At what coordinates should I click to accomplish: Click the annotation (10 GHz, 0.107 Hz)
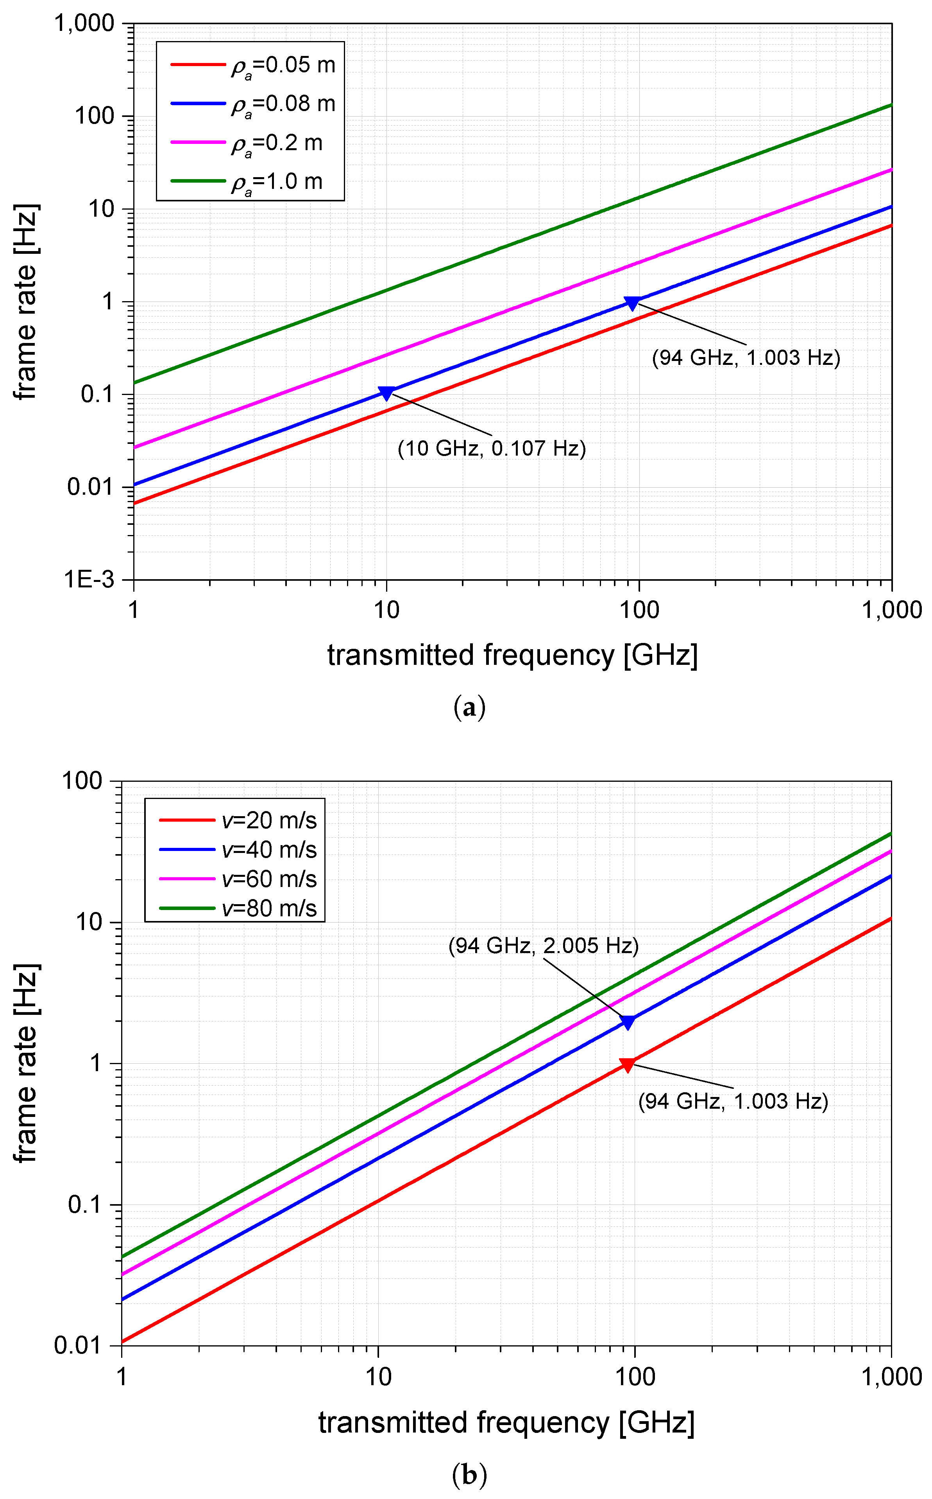pos(491,449)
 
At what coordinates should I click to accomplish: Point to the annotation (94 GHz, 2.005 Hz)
pos(543,946)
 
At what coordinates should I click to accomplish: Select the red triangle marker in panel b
pos(628,1065)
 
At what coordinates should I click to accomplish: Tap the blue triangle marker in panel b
pos(628,1022)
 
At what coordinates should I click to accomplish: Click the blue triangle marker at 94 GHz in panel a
pos(632,303)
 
